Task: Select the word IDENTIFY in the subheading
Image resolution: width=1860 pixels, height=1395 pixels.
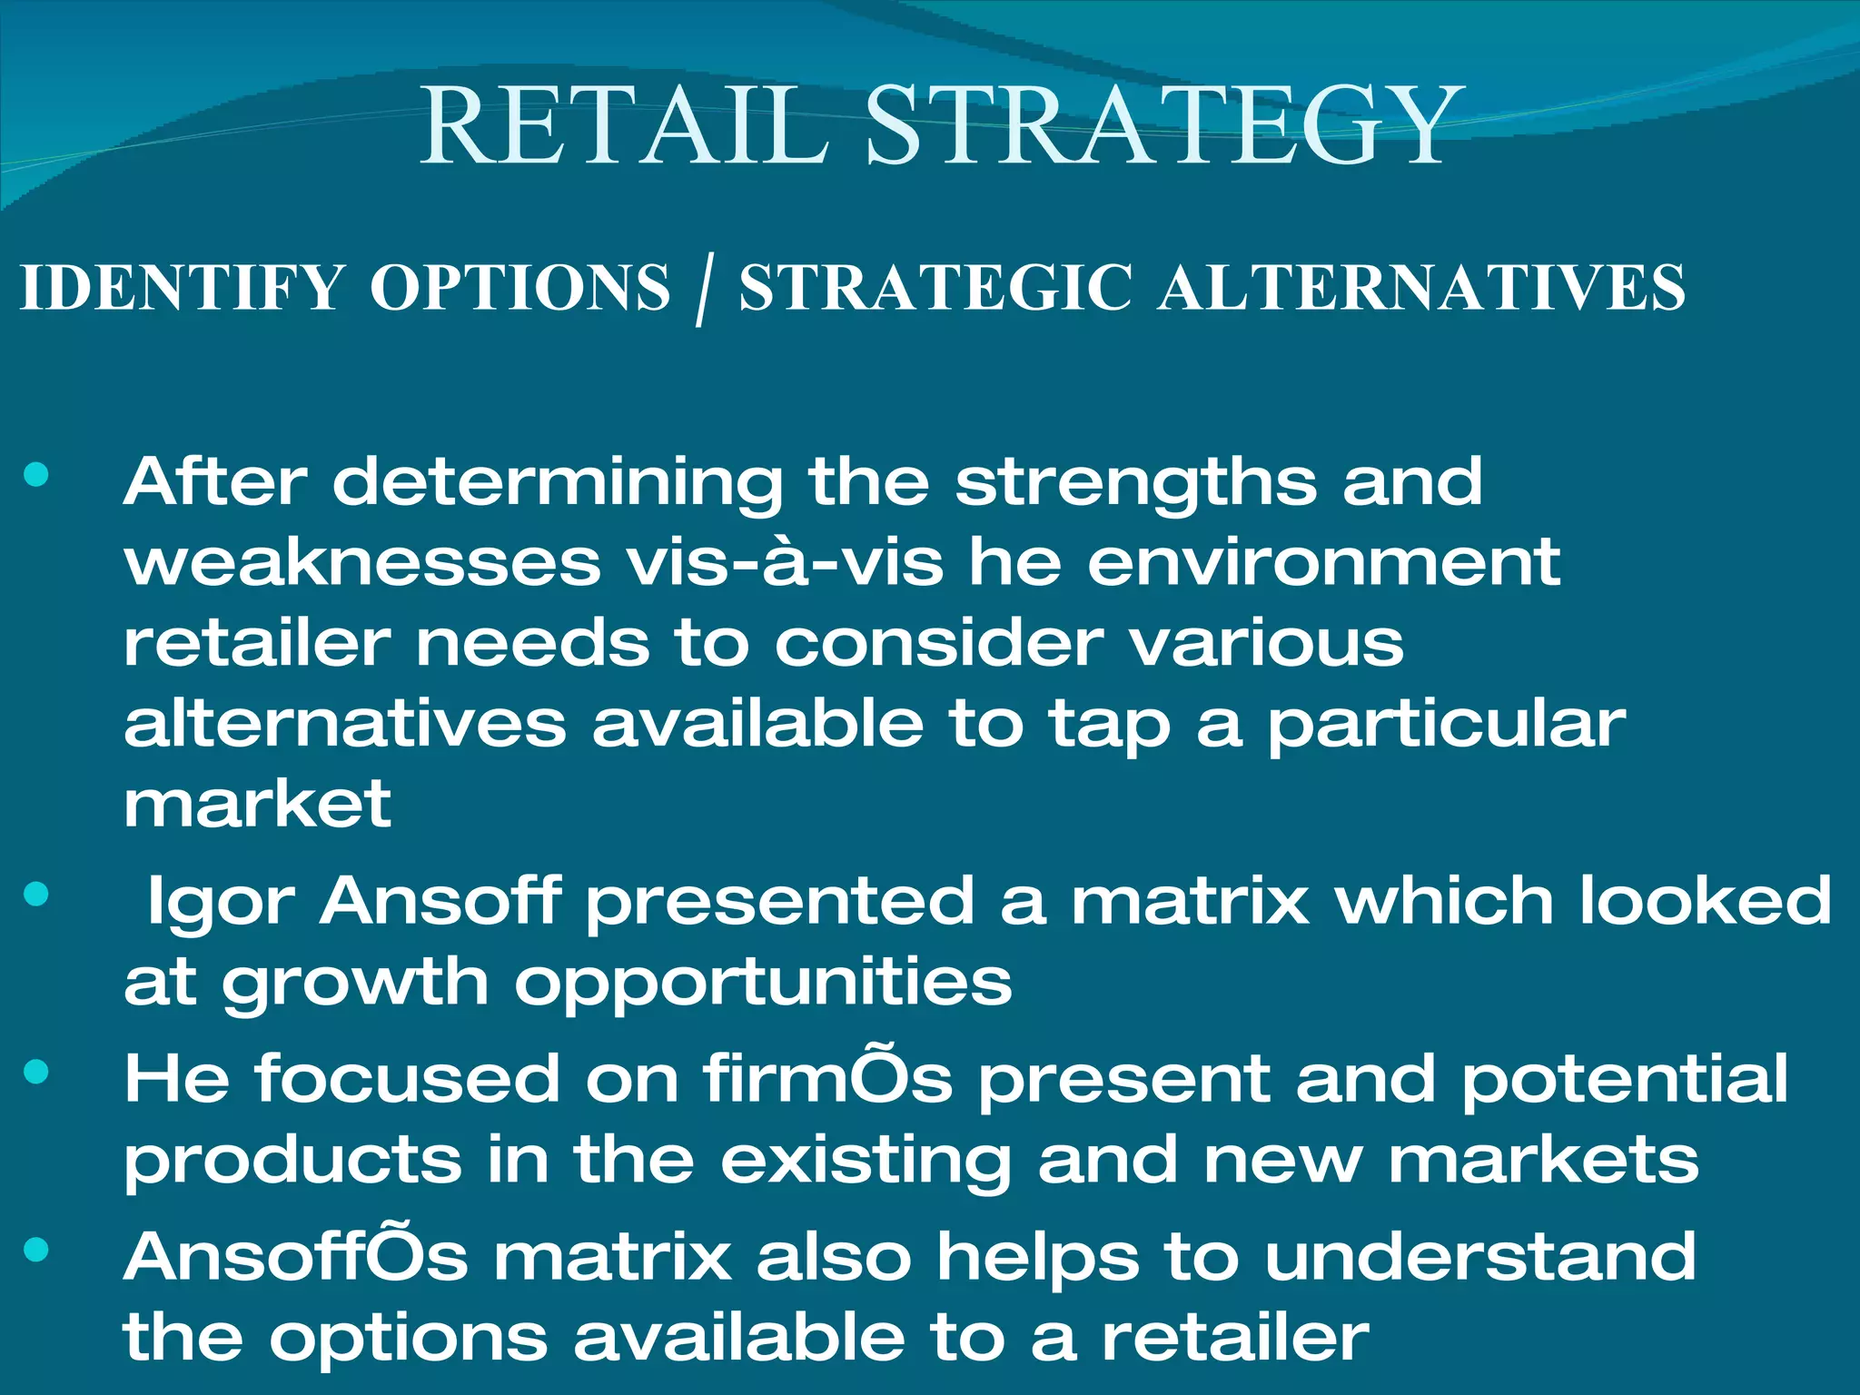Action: coord(182,288)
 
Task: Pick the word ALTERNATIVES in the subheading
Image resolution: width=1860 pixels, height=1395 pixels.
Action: coord(1421,288)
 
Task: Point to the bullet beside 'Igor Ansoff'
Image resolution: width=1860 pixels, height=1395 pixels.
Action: coord(36,895)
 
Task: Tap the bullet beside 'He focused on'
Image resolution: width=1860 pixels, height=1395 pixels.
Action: coord(36,1073)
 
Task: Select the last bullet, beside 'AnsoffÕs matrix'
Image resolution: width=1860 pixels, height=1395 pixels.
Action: coord(36,1251)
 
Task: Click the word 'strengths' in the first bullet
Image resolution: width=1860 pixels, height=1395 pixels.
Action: coord(1135,483)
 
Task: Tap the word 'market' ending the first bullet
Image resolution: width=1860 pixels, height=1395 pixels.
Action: coord(257,804)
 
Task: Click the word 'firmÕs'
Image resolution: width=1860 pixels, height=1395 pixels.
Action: coord(826,1079)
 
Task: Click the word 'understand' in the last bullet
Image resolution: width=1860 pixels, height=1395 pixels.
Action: coord(1479,1257)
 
